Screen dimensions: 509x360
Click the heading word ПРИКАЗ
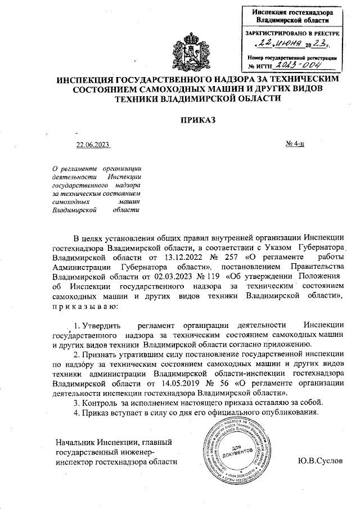[x=197, y=119]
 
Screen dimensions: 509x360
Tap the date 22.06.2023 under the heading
[x=93, y=146]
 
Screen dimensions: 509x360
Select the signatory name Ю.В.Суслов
[x=322, y=462]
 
